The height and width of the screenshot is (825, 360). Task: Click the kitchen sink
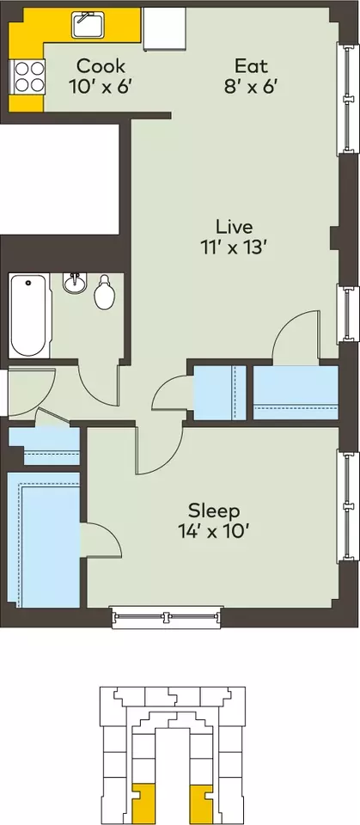88,24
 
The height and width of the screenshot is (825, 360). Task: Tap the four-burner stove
27,76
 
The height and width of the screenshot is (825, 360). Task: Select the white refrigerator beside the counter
164,28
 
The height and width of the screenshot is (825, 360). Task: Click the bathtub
29,315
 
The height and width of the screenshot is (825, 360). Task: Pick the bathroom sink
74,283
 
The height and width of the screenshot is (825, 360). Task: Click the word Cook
101,66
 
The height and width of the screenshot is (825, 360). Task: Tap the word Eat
251,66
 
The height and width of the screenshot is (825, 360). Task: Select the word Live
235,227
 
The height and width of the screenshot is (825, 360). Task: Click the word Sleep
214,510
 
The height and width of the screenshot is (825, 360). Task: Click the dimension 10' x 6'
99,87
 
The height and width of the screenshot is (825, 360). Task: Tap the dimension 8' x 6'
251,87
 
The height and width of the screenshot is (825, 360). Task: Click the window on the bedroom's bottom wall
167,617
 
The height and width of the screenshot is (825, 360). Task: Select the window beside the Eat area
347,98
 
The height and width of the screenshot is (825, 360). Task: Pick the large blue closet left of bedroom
44,540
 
